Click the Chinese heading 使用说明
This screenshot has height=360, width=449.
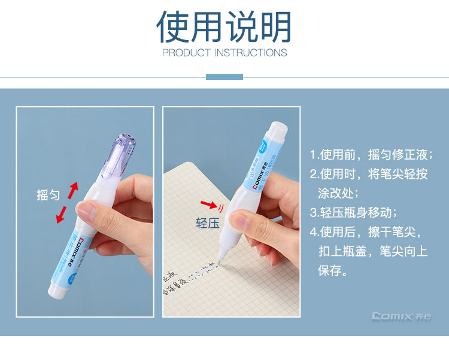pyautogui.click(x=224, y=26)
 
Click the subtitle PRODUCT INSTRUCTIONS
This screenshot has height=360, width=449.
pyautogui.click(x=224, y=53)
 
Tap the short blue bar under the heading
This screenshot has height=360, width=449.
pyautogui.click(x=224, y=77)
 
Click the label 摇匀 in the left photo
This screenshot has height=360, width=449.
pyautogui.click(x=48, y=196)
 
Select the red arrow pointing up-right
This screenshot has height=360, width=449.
pyautogui.click(x=72, y=191)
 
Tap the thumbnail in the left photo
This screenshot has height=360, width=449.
pyautogui.click(x=87, y=211)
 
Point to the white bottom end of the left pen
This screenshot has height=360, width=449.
pyautogui.click(x=55, y=292)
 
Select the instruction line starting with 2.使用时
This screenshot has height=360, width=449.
pyautogui.click(x=369, y=174)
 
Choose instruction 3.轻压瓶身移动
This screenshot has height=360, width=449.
pyautogui.click(x=353, y=212)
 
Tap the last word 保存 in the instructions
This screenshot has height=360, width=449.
pyautogui.click(x=333, y=270)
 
